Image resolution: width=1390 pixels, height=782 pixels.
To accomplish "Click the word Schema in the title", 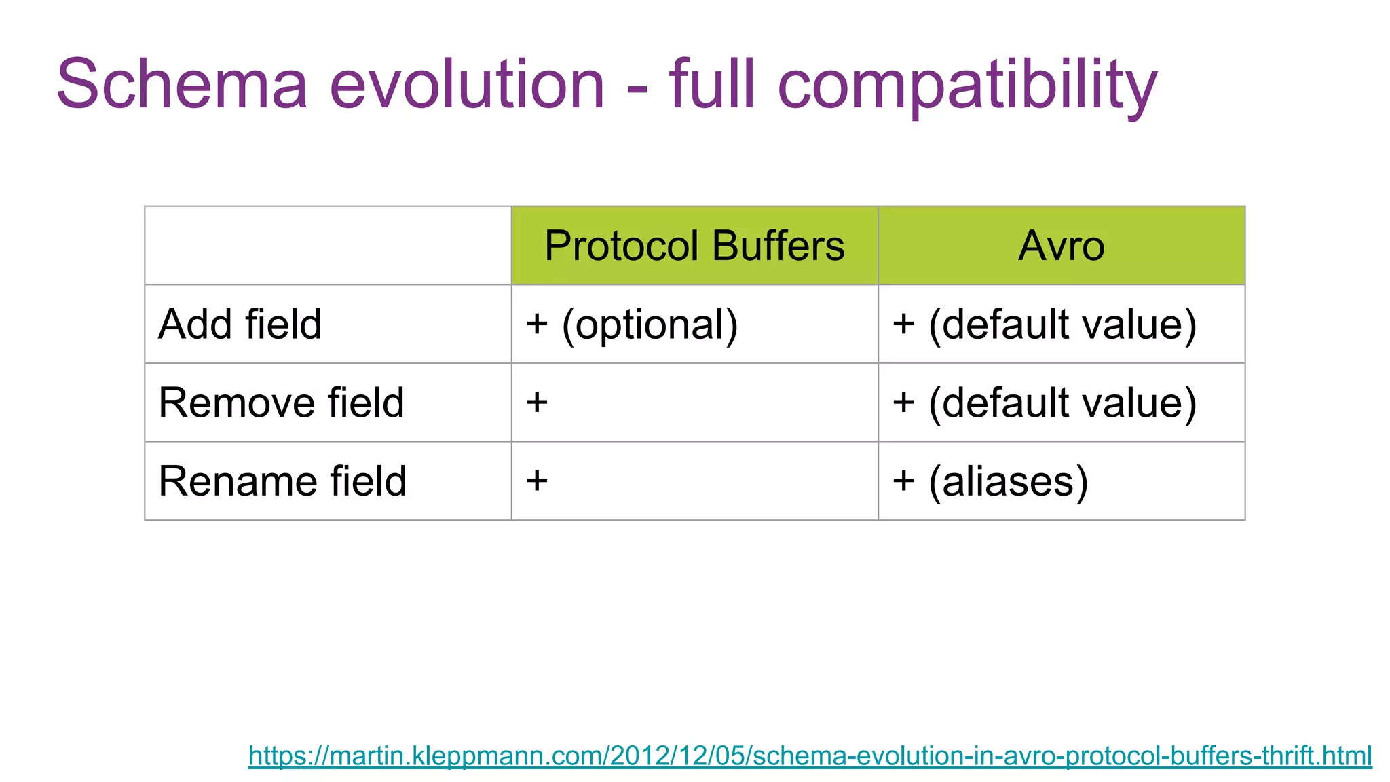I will click(x=182, y=84).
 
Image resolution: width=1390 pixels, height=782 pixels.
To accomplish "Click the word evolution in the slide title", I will click(x=467, y=84).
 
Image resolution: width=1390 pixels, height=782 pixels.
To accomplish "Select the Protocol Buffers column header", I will click(x=694, y=246).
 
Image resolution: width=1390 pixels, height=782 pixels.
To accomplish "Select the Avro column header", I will click(x=1061, y=246).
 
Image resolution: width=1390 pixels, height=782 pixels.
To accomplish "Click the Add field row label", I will click(x=240, y=324).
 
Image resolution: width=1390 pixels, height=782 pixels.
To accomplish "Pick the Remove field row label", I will click(x=281, y=403).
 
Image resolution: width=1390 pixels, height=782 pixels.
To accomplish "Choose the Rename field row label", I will click(x=282, y=481).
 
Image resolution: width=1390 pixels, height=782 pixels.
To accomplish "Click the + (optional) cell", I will click(x=632, y=324).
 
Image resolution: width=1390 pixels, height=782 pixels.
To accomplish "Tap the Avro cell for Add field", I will click(x=1044, y=324).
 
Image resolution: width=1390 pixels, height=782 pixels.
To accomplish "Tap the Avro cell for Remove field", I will click(x=1044, y=403).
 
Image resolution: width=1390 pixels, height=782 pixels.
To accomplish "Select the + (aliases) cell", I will click(x=990, y=481).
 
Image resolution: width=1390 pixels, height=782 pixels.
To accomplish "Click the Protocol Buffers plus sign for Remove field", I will click(x=537, y=403).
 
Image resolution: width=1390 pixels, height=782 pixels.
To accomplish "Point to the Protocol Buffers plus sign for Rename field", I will click(x=537, y=481).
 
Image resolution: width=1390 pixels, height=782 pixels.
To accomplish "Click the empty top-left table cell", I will click(x=328, y=246).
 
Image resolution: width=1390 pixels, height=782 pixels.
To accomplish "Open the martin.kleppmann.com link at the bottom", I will click(x=810, y=756).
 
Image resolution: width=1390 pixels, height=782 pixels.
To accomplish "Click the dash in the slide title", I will click(x=637, y=90).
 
